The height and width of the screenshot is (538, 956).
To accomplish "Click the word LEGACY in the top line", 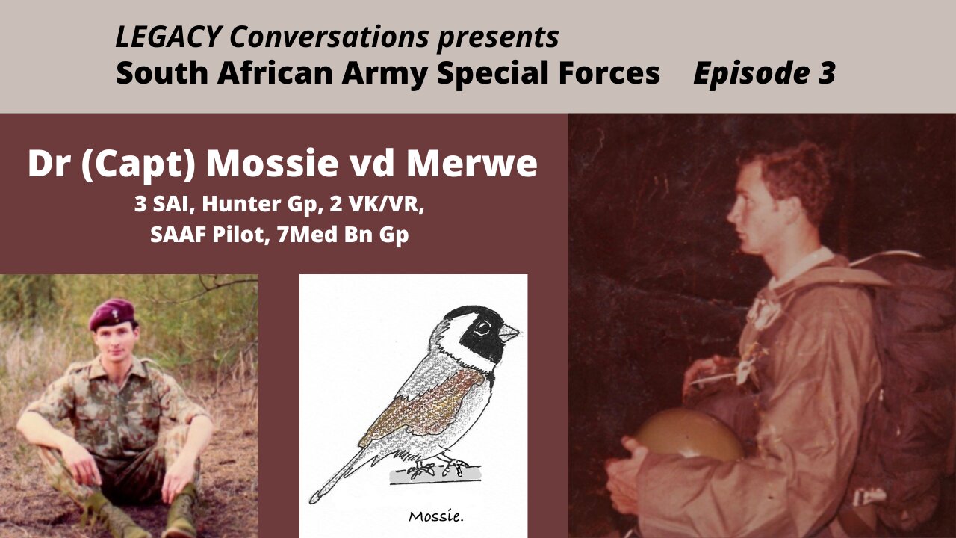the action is click(168, 37).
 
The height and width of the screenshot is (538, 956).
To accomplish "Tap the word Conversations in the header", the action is click(329, 37).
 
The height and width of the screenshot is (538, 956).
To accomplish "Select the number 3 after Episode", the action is click(827, 72).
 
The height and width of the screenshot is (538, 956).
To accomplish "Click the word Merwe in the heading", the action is click(471, 164).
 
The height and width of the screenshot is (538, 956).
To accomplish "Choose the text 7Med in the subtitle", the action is click(307, 235).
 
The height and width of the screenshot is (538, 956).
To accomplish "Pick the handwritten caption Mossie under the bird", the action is click(435, 516).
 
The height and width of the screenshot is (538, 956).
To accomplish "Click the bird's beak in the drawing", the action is click(508, 333).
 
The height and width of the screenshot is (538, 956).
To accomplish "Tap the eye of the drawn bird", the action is click(482, 328).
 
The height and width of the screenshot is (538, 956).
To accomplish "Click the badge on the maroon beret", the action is click(116, 315).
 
